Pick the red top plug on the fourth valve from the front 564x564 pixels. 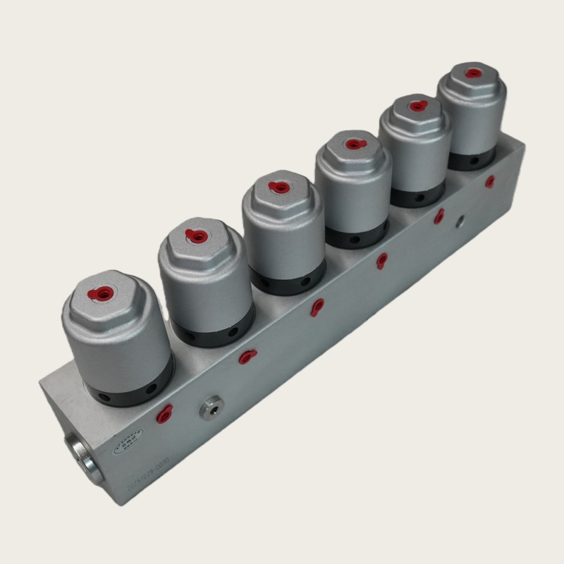click(352, 145)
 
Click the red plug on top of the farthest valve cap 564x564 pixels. click(474, 73)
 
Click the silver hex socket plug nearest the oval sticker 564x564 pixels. click(210, 408)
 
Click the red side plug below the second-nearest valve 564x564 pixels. click(247, 357)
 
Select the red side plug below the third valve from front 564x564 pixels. click(317, 307)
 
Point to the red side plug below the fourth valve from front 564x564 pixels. click(381, 262)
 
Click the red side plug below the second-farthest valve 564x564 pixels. click(439, 216)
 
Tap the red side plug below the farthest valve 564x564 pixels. click(489, 182)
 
